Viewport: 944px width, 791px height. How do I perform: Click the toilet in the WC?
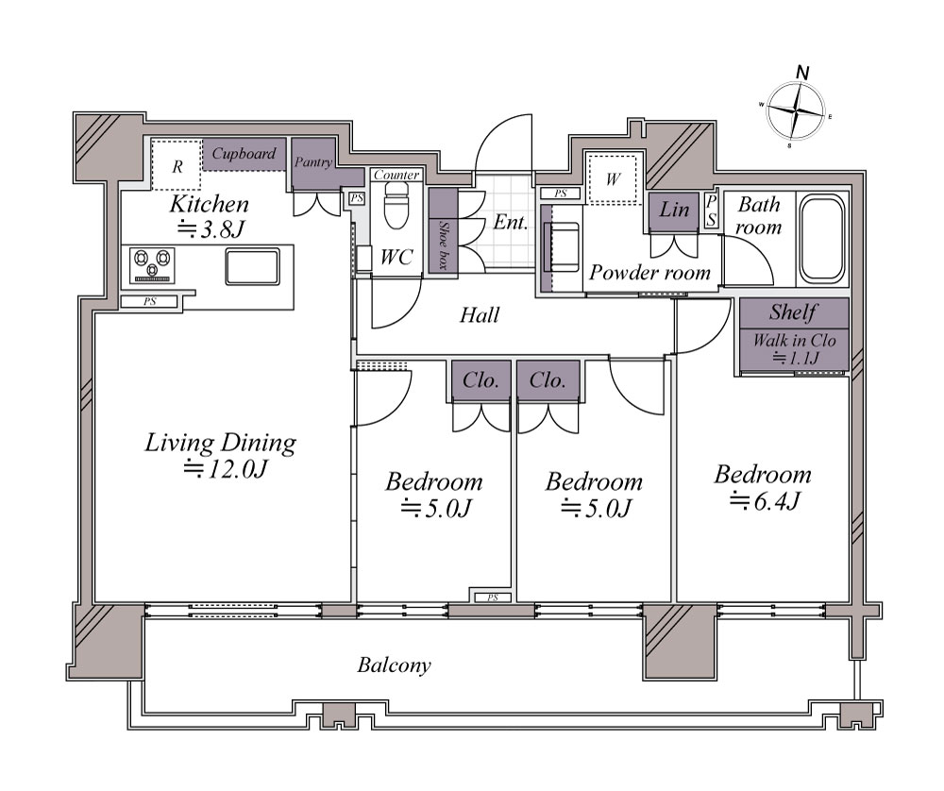pyautogui.click(x=396, y=205)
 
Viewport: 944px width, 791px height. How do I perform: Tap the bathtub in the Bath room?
pyautogui.click(x=822, y=239)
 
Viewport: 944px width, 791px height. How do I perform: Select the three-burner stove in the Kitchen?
pyautogui.click(x=152, y=265)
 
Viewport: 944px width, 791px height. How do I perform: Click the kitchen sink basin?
pyautogui.click(x=252, y=266)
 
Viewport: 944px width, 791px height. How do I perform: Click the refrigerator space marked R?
pyautogui.click(x=177, y=165)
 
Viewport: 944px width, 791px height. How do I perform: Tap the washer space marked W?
pyautogui.click(x=613, y=178)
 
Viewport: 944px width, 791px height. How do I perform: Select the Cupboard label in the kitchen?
pyautogui.click(x=244, y=154)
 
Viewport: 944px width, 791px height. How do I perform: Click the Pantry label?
pyautogui.click(x=313, y=162)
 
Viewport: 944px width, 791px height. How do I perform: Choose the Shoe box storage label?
pyautogui.click(x=444, y=245)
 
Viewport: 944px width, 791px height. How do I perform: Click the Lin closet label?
pyautogui.click(x=674, y=210)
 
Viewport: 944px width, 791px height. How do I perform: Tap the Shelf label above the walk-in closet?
pyautogui.click(x=794, y=312)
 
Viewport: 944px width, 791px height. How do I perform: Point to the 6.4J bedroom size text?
pyautogui.click(x=765, y=500)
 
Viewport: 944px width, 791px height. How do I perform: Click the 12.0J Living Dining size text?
pyautogui.click(x=226, y=468)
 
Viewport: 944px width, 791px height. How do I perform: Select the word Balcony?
pyautogui.click(x=395, y=665)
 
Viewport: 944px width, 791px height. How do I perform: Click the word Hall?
pyautogui.click(x=480, y=315)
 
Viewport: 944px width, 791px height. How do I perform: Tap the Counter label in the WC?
pyautogui.click(x=396, y=175)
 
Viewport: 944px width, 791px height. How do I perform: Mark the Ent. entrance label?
pyautogui.click(x=511, y=222)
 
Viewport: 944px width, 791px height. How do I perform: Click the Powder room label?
pyautogui.click(x=650, y=272)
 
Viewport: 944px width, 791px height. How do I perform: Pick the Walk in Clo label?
pyautogui.click(x=795, y=341)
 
